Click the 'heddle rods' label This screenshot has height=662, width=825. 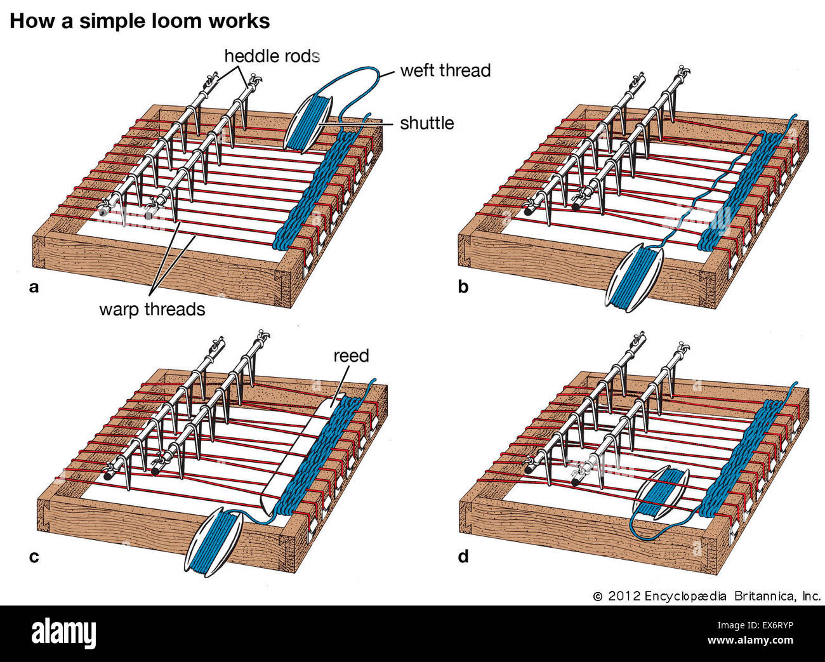click(272, 56)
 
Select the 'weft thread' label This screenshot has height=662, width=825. click(445, 70)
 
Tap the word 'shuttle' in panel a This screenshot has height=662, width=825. click(426, 122)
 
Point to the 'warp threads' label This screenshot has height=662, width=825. click(152, 309)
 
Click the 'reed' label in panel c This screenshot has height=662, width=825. click(351, 355)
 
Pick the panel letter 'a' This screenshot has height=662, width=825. click(34, 287)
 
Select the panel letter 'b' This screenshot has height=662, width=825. click(463, 287)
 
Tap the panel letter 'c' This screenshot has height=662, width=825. click(34, 557)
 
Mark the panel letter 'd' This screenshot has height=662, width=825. click(463, 557)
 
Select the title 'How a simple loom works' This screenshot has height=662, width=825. click(140, 21)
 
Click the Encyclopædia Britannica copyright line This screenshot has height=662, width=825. click(707, 596)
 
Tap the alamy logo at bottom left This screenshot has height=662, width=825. click(63, 633)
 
